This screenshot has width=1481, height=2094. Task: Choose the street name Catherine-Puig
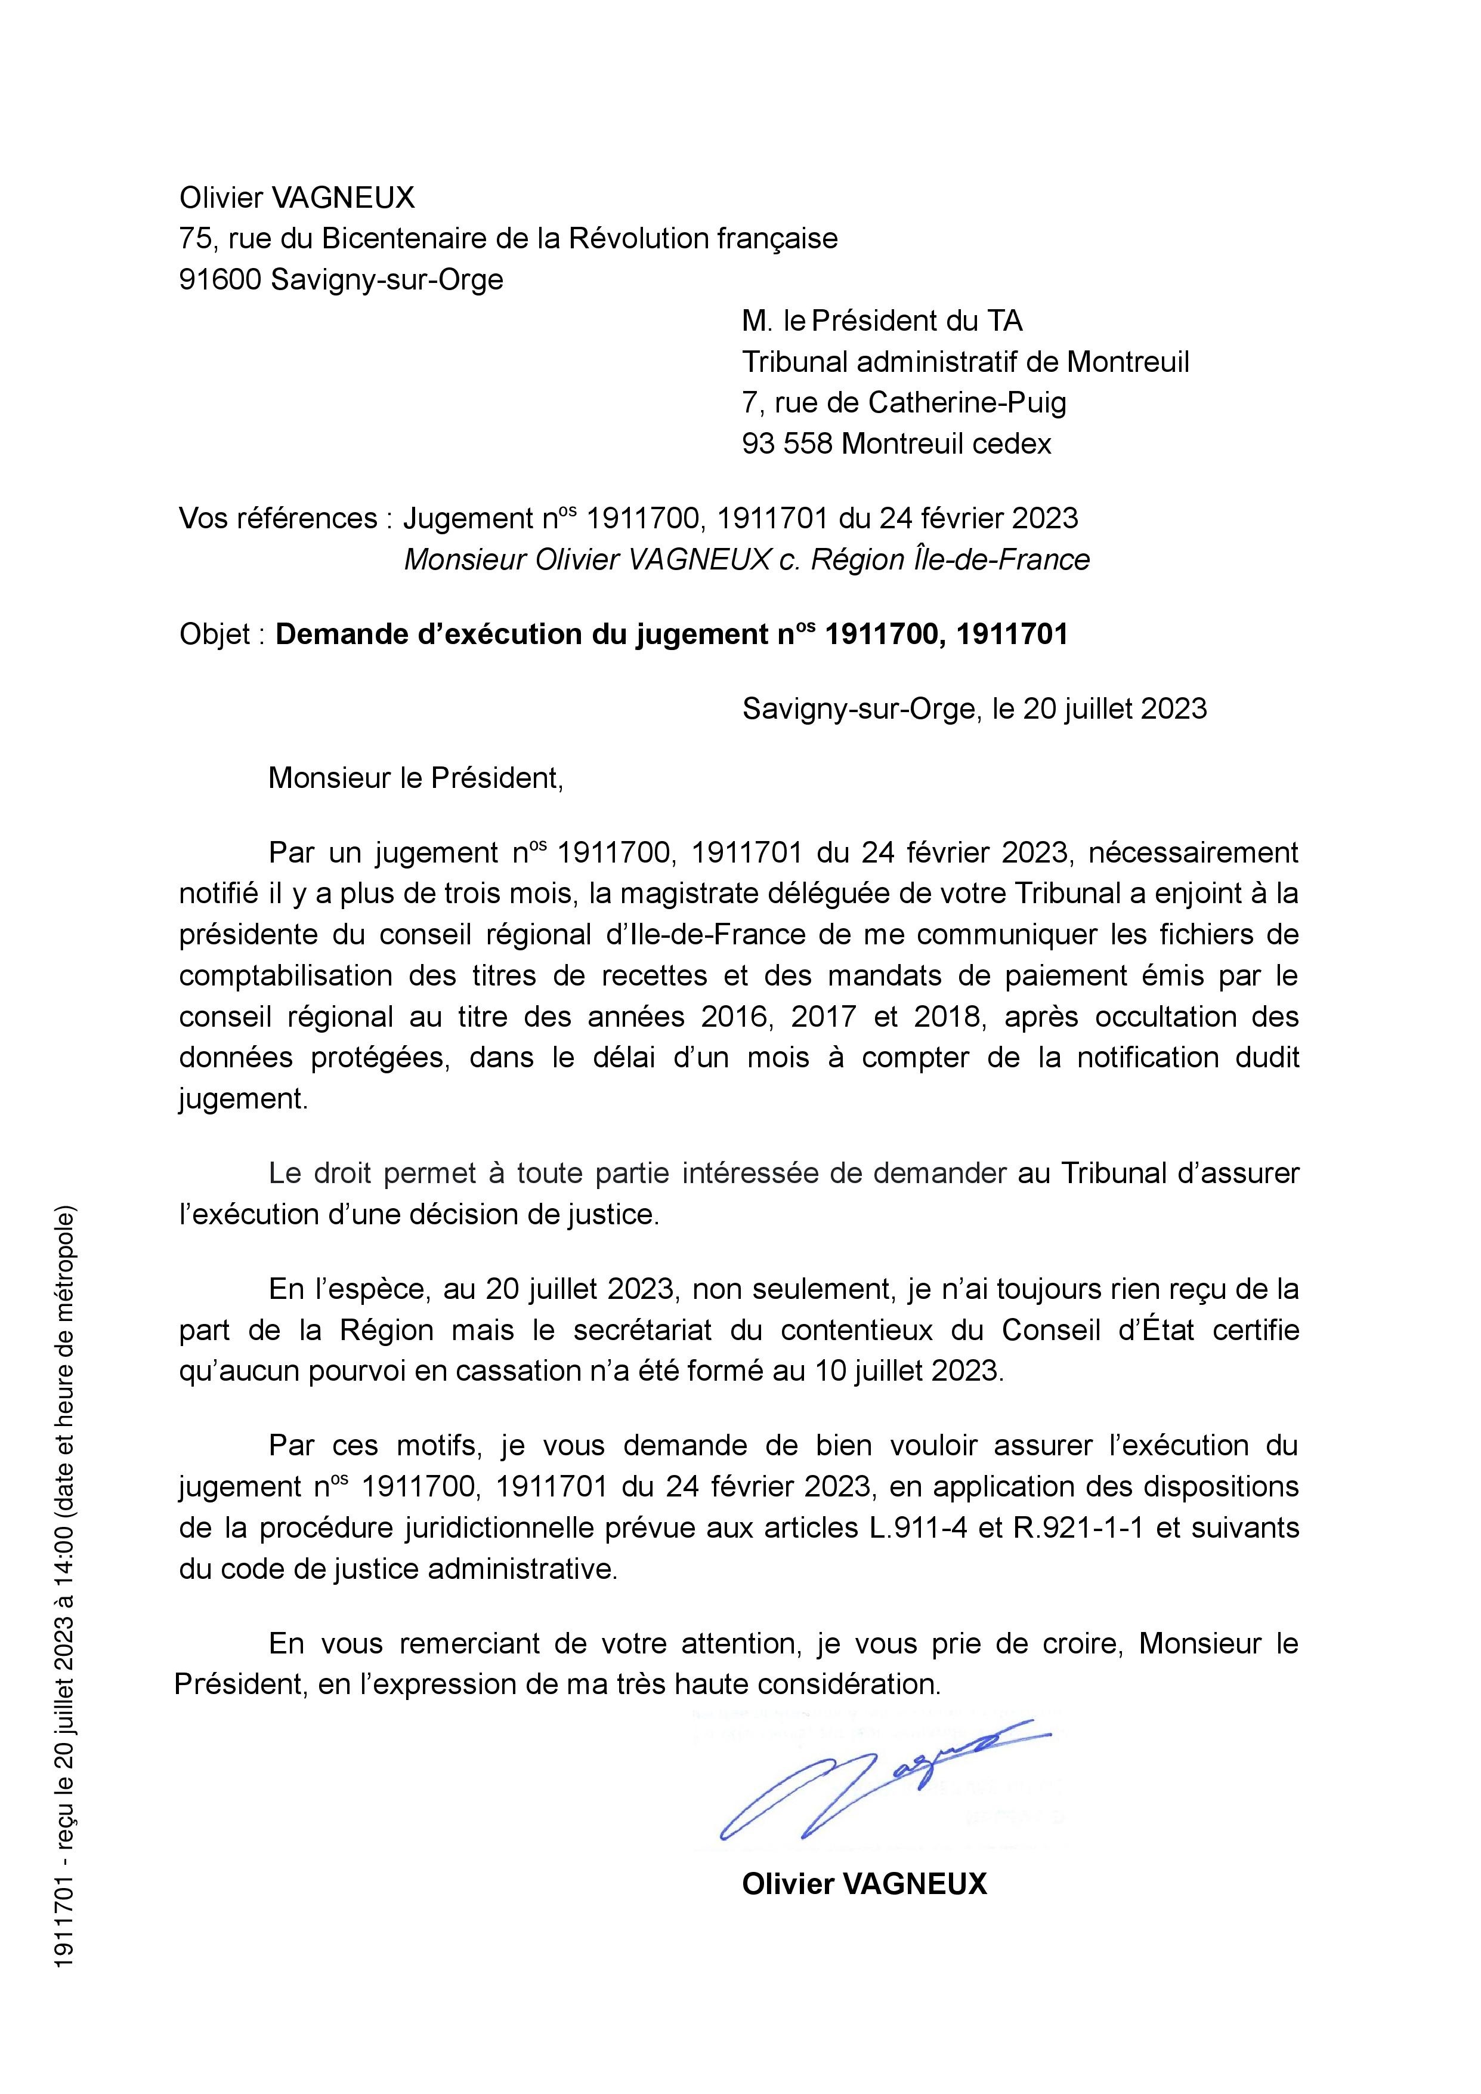point(967,402)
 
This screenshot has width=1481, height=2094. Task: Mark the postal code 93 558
point(787,444)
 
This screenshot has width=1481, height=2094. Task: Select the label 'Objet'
point(214,634)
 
